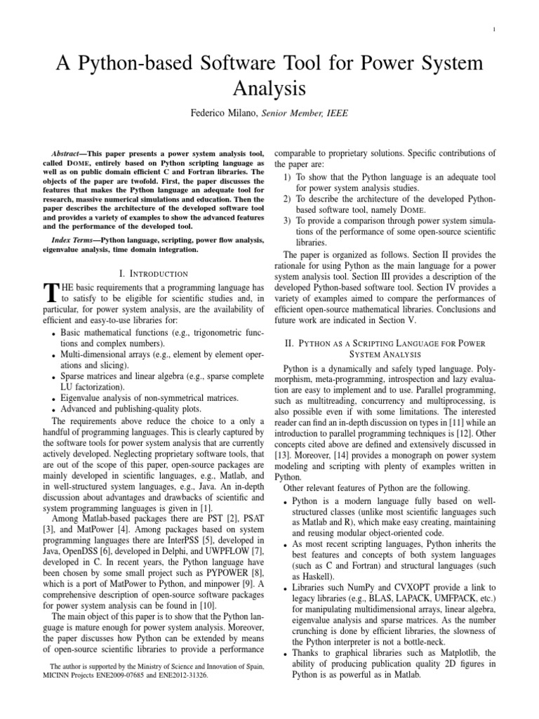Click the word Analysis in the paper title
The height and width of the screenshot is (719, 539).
(269, 89)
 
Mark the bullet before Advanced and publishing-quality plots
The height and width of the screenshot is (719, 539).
(54, 409)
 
